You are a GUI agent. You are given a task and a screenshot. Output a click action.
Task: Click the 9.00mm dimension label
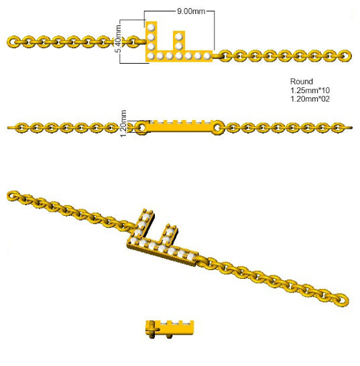pyautogui.click(x=191, y=11)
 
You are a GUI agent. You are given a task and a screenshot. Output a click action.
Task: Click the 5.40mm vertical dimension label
pyautogui.click(x=118, y=39)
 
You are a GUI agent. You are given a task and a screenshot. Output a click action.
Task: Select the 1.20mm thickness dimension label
pyautogui.click(x=123, y=123)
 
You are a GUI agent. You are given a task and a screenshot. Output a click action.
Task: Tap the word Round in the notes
pyautogui.click(x=301, y=82)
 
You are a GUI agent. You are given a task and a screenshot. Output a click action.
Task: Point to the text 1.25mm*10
pyautogui.click(x=310, y=90)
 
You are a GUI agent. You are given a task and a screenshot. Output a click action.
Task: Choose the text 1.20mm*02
pyautogui.click(x=310, y=99)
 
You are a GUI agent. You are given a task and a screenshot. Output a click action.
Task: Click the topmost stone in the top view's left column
pyautogui.click(x=152, y=27)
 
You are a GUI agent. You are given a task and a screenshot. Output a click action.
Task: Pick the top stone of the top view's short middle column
pyautogui.click(x=179, y=36)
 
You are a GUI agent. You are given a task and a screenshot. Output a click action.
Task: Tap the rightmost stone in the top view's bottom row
pyautogui.click(x=207, y=56)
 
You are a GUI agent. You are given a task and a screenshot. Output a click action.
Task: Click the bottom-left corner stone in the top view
pyautogui.click(x=151, y=56)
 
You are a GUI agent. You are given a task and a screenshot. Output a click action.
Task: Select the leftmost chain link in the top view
pyautogui.click(x=13, y=42)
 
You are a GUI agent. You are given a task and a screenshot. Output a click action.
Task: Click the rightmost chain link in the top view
pyautogui.click(x=345, y=56)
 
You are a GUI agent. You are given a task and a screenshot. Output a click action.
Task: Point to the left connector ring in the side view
pyautogui.click(x=141, y=127)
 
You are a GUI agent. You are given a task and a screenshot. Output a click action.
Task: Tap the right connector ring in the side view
pyautogui.click(x=218, y=127)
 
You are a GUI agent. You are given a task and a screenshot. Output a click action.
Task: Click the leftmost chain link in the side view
pyautogui.click(x=21, y=127)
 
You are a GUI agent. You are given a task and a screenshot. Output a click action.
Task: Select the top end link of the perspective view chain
pyautogui.click(x=13, y=196)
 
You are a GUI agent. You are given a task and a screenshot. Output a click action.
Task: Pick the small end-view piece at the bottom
pyautogui.click(x=170, y=329)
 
